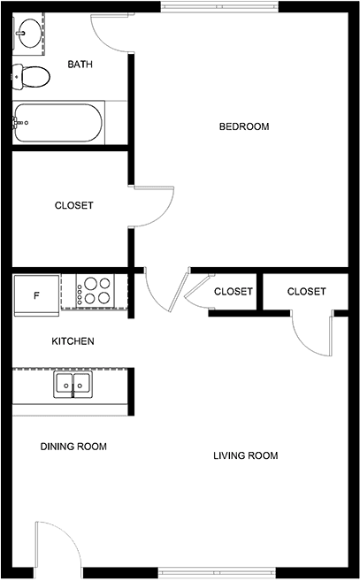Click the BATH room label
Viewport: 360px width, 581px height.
(80, 65)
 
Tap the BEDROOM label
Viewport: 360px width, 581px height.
(244, 126)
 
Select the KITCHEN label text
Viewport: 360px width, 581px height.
(73, 341)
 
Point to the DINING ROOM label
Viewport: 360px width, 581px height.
(73, 447)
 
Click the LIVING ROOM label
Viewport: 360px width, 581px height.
(245, 455)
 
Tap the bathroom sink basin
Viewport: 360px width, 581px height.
(28, 34)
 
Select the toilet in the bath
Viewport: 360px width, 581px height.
(31, 77)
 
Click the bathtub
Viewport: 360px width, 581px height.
(58, 123)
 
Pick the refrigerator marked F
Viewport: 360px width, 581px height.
(36, 295)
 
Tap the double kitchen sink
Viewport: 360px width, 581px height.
(73, 385)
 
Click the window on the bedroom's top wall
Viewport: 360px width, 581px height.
(219, 7)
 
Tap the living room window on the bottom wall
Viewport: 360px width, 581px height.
(217, 573)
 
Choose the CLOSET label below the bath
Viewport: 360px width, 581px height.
(73, 205)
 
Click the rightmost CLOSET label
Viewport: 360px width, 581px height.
(307, 292)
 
